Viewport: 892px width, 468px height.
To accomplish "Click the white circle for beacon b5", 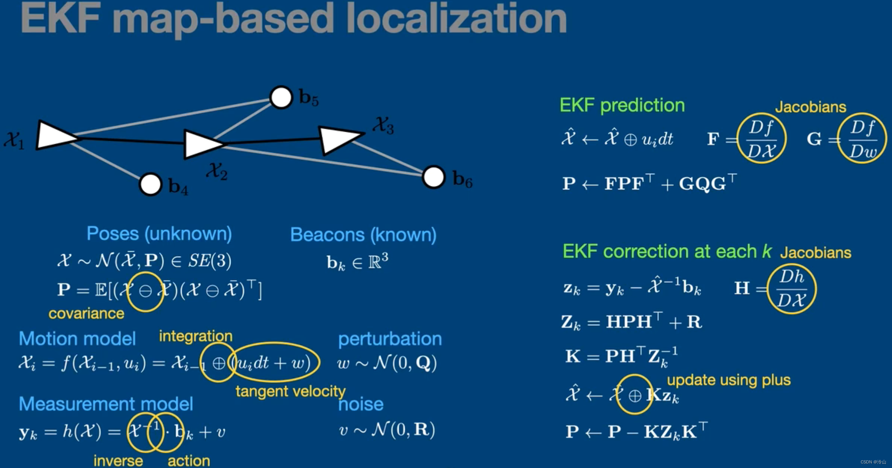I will tap(281, 97).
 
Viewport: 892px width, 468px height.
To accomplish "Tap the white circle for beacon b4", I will tap(151, 184).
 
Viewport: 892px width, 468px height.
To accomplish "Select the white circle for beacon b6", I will tap(434, 177).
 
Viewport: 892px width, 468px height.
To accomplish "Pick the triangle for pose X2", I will tap(201, 144).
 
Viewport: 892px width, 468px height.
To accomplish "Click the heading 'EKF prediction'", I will tap(622, 105).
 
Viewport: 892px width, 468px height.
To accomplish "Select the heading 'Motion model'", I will tap(77, 338).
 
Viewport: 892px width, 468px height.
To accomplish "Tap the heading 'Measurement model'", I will tap(106, 404).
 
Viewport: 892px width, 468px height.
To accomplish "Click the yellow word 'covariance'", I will tap(86, 313).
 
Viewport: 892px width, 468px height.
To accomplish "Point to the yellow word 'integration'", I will tap(196, 336).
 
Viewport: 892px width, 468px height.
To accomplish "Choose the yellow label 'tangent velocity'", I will tap(290, 391).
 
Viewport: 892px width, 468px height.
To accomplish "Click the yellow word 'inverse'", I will tap(118, 460).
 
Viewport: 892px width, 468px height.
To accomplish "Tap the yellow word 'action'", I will tap(189, 460).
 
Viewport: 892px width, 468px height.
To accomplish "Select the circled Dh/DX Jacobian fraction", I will tap(792, 289).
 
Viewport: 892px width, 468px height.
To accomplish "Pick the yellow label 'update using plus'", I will tap(729, 380).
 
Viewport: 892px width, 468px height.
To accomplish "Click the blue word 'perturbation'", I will tap(390, 339).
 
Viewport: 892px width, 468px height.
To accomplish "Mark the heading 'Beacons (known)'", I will tap(363, 235).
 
